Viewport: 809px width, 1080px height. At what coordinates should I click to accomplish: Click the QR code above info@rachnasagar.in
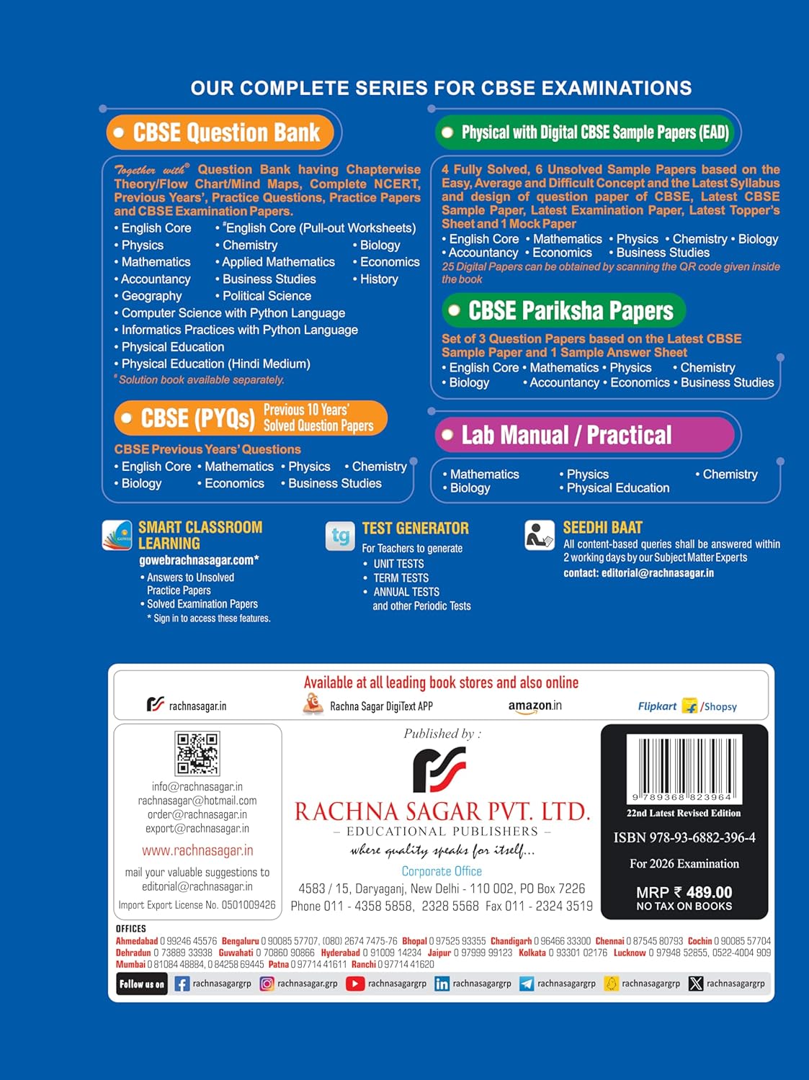click(197, 753)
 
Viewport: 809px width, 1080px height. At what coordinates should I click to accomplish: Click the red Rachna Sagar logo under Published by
click(439, 769)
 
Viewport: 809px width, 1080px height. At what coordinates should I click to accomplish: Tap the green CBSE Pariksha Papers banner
click(564, 310)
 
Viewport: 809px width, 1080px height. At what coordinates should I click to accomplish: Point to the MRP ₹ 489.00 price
click(684, 892)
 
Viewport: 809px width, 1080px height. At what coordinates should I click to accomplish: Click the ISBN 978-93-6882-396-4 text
click(684, 837)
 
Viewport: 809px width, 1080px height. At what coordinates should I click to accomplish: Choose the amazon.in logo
click(535, 706)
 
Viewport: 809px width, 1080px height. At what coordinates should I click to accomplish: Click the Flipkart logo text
click(657, 706)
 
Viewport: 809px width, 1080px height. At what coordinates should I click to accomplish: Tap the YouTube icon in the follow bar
click(355, 984)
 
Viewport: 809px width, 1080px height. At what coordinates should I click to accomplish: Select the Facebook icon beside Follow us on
click(182, 984)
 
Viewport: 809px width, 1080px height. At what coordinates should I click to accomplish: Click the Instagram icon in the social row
click(267, 984)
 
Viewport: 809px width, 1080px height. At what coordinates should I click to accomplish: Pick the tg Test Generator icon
click(340, 536)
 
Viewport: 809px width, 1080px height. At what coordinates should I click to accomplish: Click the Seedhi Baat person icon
click(540, 536)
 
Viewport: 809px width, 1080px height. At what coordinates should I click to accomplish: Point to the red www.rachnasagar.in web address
click(197, 850)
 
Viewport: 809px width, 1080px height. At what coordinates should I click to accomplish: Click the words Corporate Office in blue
click(442, 871)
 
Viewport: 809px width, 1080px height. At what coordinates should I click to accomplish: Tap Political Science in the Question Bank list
click(267, 296)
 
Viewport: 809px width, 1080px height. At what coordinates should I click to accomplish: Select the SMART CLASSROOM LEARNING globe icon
click(117, 535)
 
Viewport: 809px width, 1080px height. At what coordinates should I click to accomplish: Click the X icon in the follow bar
click(695, 984)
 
